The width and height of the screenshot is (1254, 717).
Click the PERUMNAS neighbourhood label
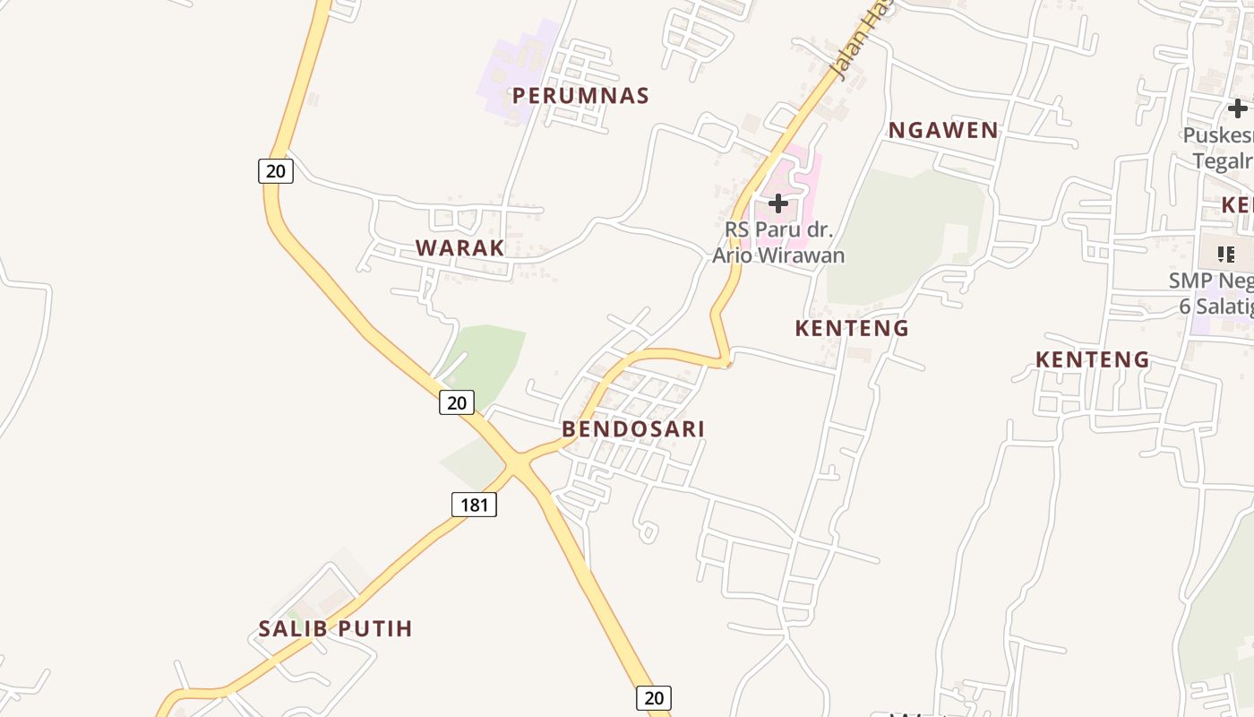(x=580, y=95)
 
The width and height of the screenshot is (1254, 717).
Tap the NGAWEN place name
(x=943, y=130)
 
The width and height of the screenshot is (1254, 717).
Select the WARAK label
(x=460, y=248)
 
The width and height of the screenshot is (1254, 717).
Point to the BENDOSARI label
(x=633, y=428)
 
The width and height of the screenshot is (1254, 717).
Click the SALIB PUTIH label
(x=336, y=628)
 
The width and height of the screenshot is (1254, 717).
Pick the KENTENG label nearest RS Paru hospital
(x=852, y=328)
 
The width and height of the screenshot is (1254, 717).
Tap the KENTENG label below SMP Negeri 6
(x=1093, y=359)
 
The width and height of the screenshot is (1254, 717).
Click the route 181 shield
(x=474, y=505)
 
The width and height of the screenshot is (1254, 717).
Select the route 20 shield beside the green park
(x=457, y=402)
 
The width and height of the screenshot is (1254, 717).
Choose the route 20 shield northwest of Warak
(x=276, y=170)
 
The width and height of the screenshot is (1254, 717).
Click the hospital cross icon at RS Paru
(x=778, y=203)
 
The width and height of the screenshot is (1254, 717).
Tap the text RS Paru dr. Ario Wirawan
(x=778, y=242)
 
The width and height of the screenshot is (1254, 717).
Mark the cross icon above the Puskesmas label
(x=1237, y=108)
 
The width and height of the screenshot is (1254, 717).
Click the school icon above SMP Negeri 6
(x=1226, y=254)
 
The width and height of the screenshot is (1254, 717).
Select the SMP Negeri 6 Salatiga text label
(x=1214, y=293)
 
